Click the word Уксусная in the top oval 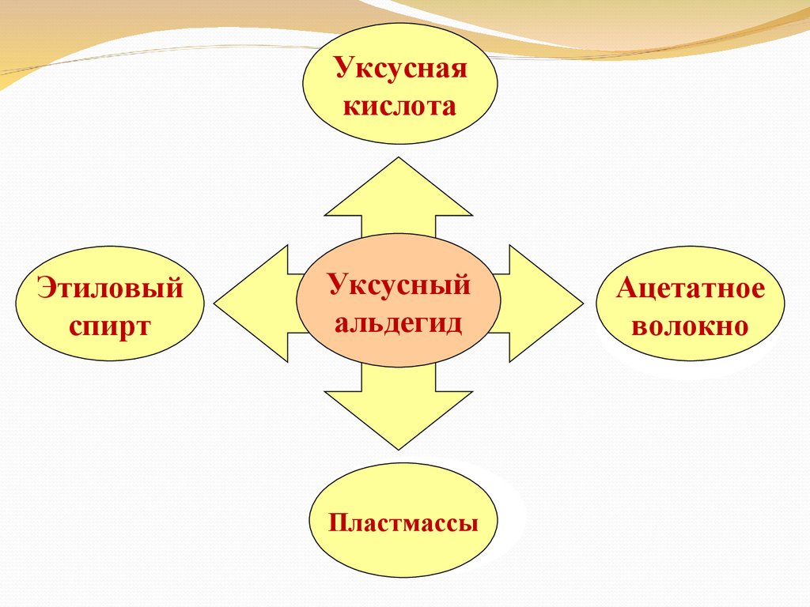(x=399, y=67)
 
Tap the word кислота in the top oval (x=399, y=105)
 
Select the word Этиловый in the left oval (x=110, y=288)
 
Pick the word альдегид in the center (x=399, y=322)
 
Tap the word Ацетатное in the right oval (x=691, y=288)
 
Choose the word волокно (x=690, y=326)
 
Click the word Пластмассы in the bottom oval (x=403, y=522)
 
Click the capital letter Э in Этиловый (x=44, y=288)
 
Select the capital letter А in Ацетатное (x=626, y=288)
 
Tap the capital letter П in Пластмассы (x=338, y=522)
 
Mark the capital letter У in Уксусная (x=342, y=67)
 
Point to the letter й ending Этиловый (x=175, y=288)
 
